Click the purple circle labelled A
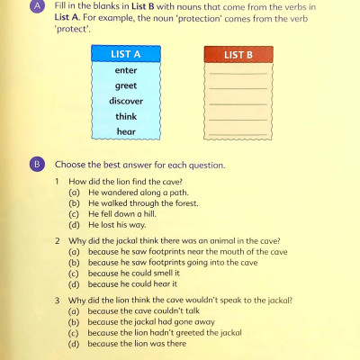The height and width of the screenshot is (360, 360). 36,7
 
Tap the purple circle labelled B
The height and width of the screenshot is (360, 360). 36,165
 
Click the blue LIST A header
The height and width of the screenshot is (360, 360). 126,55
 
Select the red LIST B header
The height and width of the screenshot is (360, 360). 238,55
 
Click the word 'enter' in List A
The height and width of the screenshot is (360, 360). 126,70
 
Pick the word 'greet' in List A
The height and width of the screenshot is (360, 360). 126,85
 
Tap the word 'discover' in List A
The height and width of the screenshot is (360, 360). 126,101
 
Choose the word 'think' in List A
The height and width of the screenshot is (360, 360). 126,116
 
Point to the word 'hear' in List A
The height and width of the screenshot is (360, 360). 126,131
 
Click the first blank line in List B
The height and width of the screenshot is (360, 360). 238,74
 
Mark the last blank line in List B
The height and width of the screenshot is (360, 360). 238,135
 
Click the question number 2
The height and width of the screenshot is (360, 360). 58,241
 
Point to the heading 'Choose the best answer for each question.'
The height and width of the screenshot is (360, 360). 139,166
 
